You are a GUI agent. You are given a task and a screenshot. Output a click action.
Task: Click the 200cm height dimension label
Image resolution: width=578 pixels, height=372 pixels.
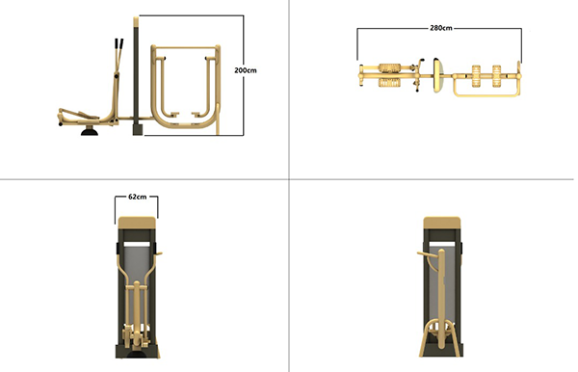(245, 70)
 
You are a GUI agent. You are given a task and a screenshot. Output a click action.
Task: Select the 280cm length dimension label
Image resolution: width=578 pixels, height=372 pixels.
(441, 28)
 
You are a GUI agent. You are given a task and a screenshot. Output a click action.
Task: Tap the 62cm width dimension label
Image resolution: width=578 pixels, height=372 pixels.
(138, 197)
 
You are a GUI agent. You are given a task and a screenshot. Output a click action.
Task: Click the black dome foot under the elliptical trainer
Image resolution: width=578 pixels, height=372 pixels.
(90, 131)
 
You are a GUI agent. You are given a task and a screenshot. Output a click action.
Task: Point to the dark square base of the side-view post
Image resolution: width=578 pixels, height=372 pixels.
(138, 129)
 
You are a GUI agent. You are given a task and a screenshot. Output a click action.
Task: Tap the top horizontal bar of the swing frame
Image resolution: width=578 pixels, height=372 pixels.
(185, 47)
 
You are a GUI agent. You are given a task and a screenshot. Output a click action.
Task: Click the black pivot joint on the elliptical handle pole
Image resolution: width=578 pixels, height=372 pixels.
(117, 76)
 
